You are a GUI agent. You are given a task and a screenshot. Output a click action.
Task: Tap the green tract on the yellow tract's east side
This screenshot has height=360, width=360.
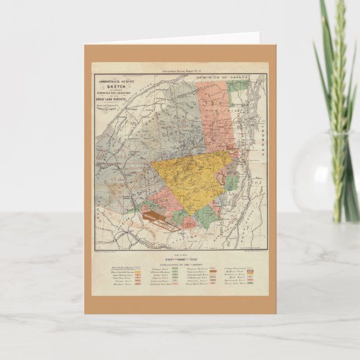click(x=232, y=182)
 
